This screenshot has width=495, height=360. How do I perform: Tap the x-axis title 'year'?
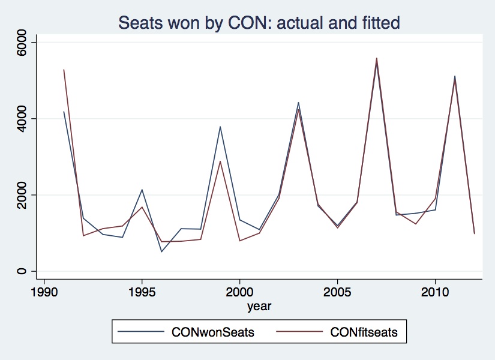(259, 307)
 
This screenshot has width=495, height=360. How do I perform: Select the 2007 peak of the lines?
(376, 59)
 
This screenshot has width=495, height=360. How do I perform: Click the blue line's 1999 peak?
(220, 127)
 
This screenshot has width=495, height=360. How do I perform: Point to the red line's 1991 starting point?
(64, 70)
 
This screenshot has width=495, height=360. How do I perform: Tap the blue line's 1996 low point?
(161, 251)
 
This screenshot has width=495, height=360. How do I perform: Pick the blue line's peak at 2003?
(298, 103)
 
